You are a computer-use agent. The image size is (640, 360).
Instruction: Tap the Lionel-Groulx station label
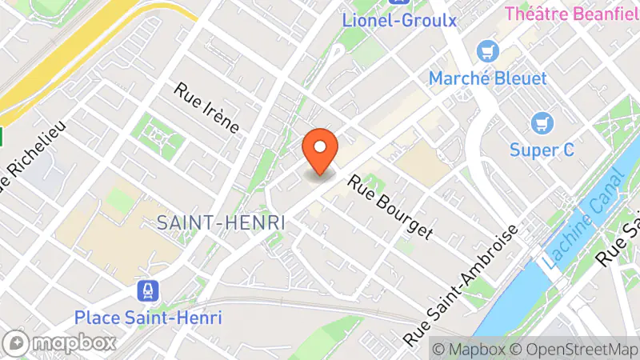coord(399,19)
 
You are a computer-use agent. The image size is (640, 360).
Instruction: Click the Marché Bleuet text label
coord(487,78)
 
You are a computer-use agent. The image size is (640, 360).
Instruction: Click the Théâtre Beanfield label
coord(572,13)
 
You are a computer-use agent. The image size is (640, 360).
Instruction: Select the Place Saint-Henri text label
coord(148,317)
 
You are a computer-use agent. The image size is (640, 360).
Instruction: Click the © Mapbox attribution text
coord(468,349)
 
